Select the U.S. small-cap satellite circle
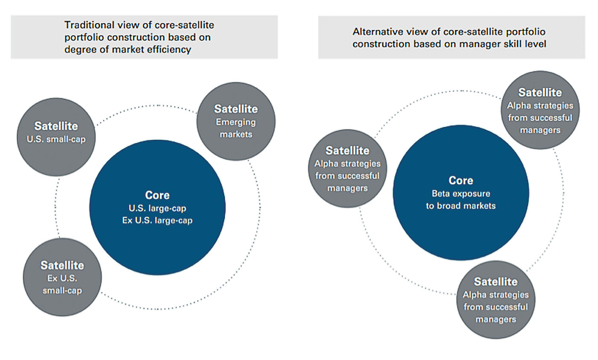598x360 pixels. tap(56, 137)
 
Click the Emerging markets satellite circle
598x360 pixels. tap(236, 121)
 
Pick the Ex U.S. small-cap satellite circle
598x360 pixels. tap(62, 277)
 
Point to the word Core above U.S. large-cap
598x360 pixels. tap(157, 195)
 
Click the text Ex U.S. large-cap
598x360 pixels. tap(157, 220)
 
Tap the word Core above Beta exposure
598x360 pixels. tap(461, 180)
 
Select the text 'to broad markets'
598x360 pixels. tap(461, 206)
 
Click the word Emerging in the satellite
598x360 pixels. tap(236, 123)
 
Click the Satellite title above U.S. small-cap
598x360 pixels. tap(56, 126)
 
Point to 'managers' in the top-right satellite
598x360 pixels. tap(540, 130)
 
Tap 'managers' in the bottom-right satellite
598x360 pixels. tap(496, 319)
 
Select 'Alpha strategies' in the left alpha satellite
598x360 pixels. tap(347, 164)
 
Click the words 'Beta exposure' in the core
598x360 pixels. tap(461, 193)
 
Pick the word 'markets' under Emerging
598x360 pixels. tap(236, 134)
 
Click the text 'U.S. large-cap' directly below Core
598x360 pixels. tap(157, 208)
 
